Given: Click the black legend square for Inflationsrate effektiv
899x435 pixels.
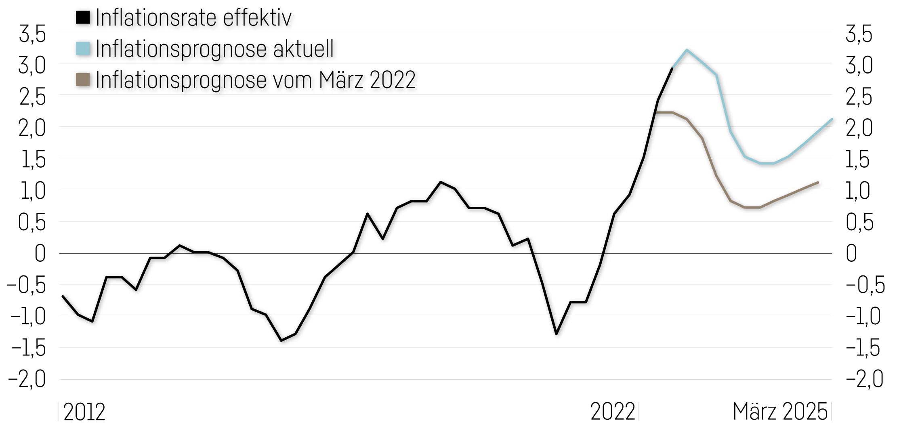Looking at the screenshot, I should tap(83, 17).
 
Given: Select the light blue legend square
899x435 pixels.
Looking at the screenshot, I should tap(83, 48).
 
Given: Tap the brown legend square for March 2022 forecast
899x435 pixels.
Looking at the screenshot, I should tap(83, 80).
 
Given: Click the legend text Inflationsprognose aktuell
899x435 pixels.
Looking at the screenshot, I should tap(214, 49).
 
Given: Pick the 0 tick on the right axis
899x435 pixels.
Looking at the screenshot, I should tap(851, 254).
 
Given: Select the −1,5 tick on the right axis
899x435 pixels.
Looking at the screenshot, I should tap(863, 348).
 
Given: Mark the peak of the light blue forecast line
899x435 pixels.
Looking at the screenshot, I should tap(687, 50).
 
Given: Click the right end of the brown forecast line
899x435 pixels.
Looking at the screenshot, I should tap(818, 183).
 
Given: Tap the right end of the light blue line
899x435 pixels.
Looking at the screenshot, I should tap(832, 119).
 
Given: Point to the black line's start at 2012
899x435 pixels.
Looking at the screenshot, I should tap(63, 296).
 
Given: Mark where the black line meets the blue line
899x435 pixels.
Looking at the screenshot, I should tap(672, 68).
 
